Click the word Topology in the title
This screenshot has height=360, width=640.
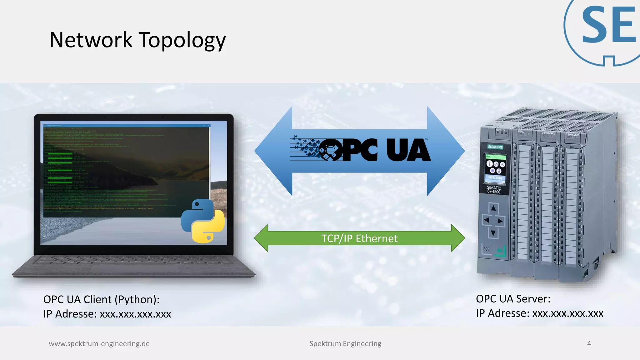point(182,41)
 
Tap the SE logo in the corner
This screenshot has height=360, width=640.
point(606,28)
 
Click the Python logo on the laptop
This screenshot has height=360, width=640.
point(203,221)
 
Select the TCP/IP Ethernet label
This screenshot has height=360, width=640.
point(359,238)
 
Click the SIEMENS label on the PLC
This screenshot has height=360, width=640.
point(495,147)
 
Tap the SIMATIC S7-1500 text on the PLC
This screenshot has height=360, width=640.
point(494,190)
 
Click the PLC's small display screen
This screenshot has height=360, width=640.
point(495,167)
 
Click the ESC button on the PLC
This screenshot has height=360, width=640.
point(486,249)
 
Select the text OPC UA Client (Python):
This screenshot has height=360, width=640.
point(101,299)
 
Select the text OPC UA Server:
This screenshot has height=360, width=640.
point(513,299)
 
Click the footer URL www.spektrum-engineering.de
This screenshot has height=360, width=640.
point(99,343)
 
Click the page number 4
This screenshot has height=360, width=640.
point(589,343)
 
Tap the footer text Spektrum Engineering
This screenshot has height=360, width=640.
point(345,343)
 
